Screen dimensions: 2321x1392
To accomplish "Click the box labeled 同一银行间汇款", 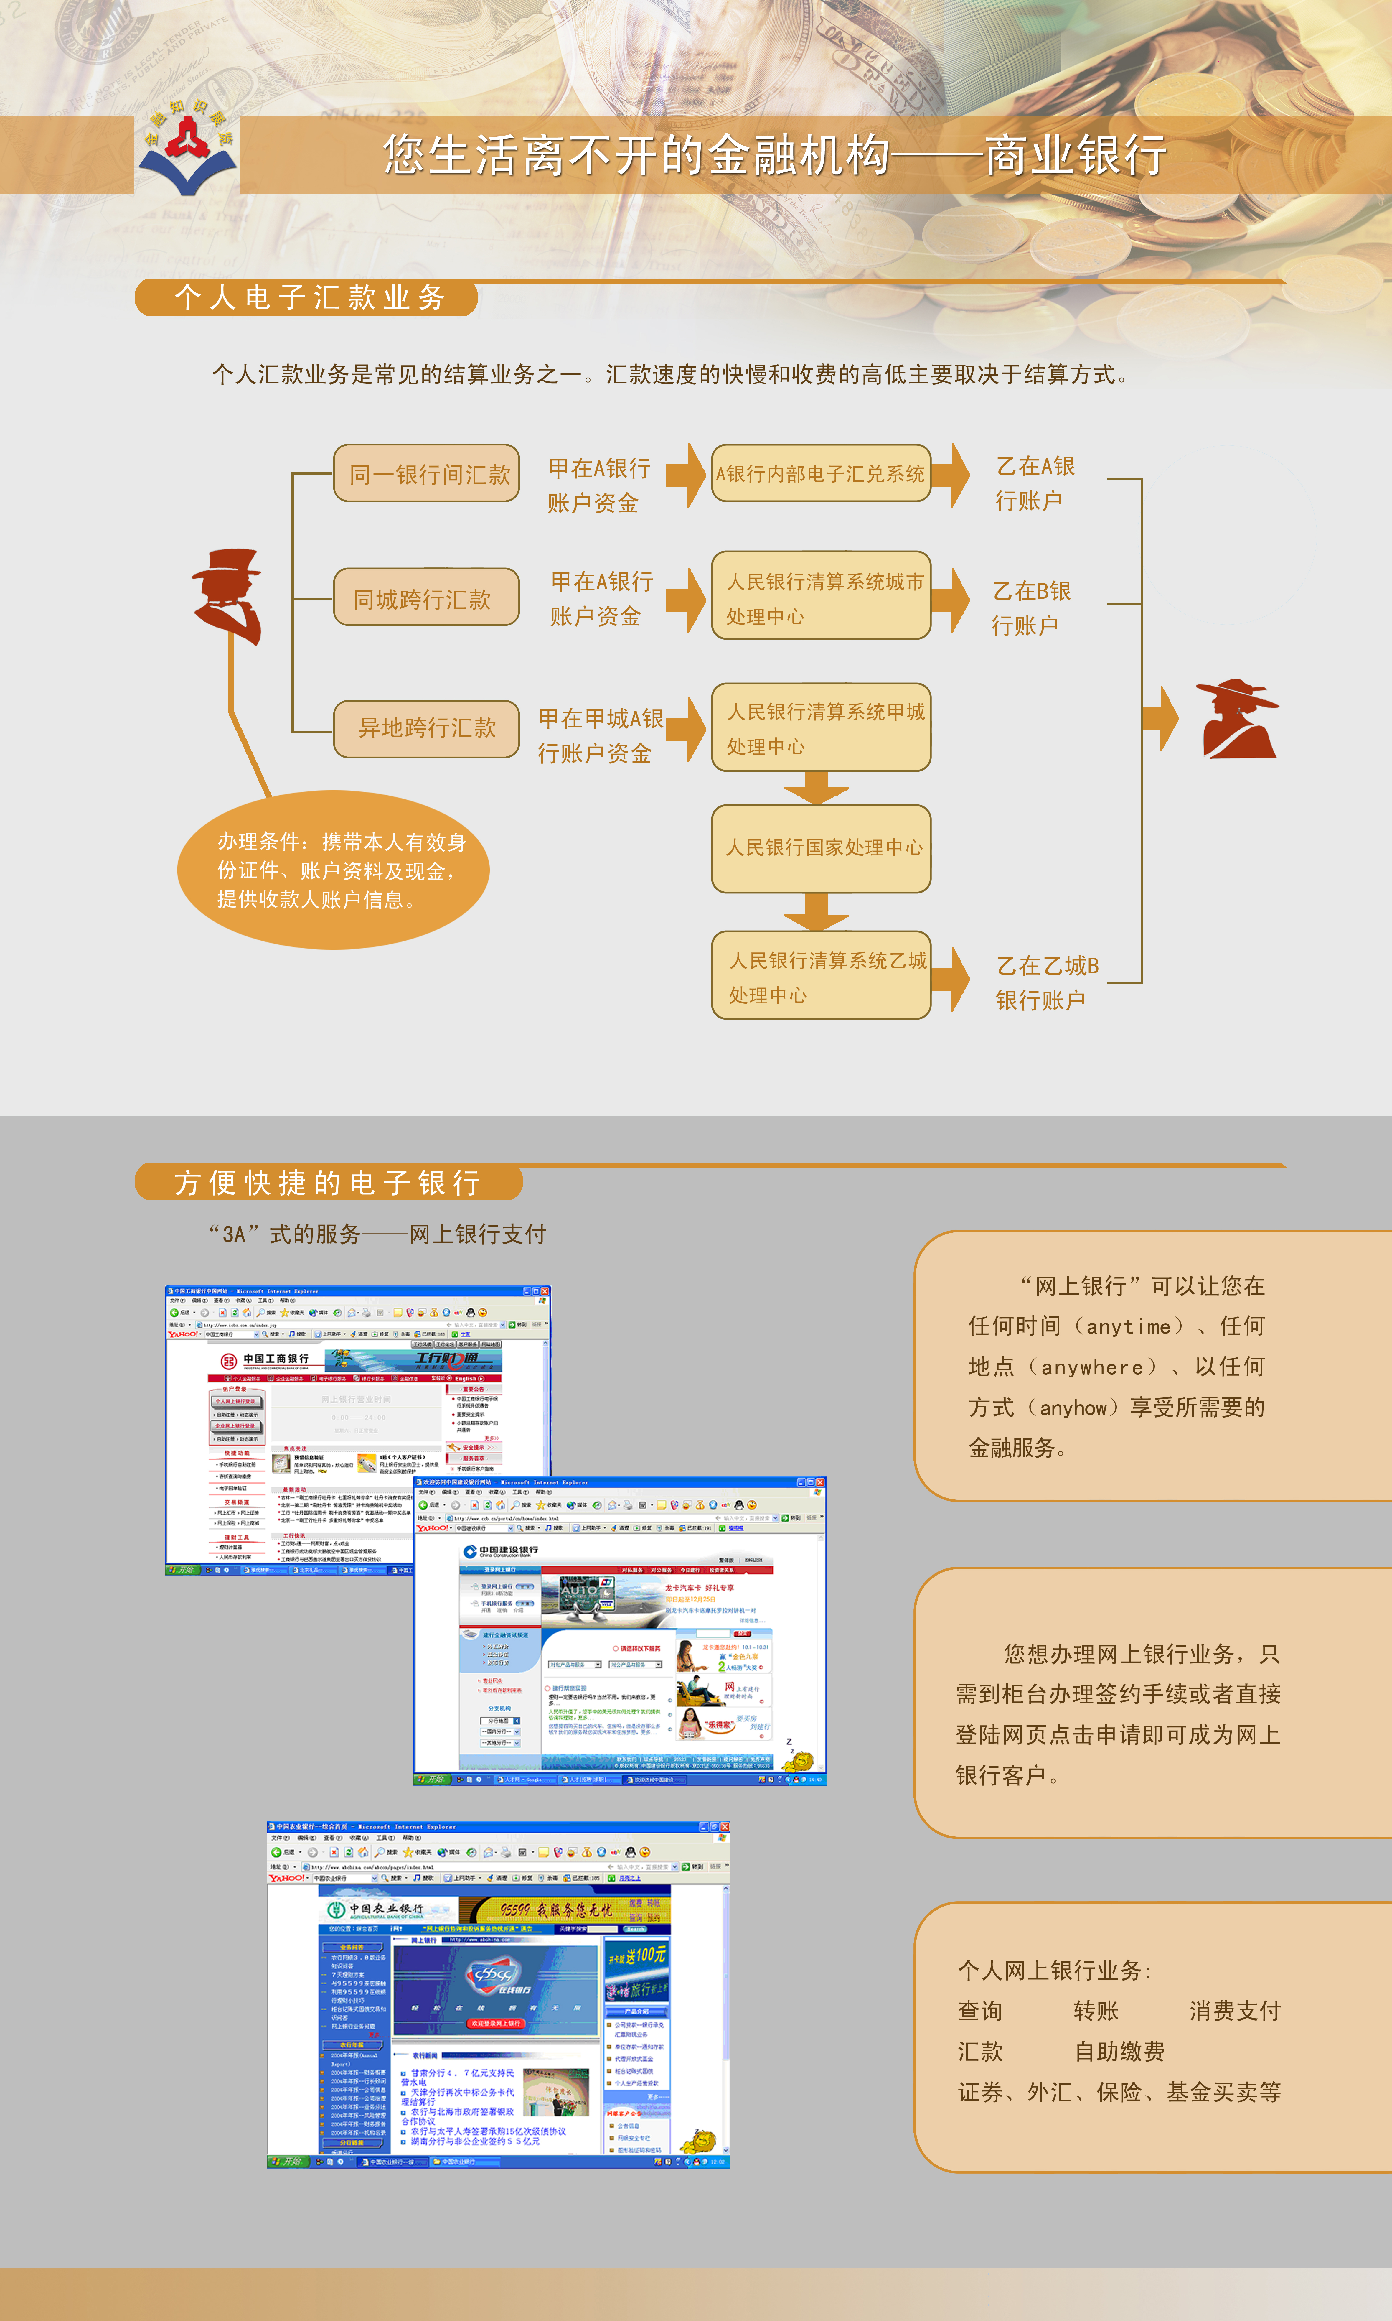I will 427,474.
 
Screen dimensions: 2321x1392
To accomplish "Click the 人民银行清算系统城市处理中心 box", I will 821,597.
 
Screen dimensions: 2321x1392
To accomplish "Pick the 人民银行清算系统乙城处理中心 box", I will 821,976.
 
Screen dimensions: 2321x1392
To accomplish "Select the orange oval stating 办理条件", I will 333,870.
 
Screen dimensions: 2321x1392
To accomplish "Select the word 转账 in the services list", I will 1096,2011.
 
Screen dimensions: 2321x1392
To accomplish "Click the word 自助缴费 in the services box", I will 1119,2052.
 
